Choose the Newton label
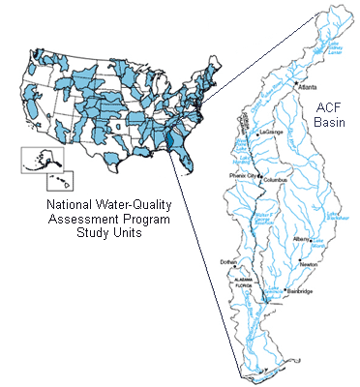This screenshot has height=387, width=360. [309, 262]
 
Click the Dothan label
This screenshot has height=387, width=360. [228, 262]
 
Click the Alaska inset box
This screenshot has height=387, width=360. [36, 159]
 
